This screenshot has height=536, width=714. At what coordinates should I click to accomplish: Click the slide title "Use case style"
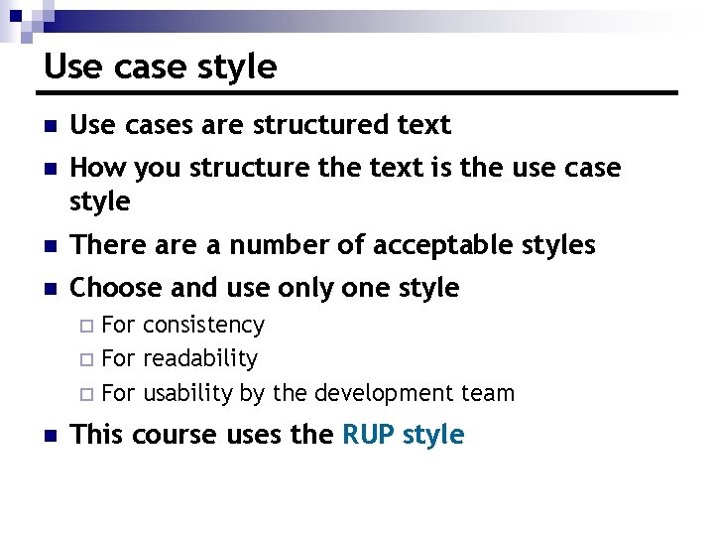click(x=161, y=67)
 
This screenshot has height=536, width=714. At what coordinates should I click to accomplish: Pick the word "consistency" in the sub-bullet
click(x=204, y=326)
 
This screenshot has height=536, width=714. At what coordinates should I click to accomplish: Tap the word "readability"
click(x=200, y=358)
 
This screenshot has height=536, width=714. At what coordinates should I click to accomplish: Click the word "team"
click(x=489, y=393)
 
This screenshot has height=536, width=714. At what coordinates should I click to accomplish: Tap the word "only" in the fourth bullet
click(x=304, y=289)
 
